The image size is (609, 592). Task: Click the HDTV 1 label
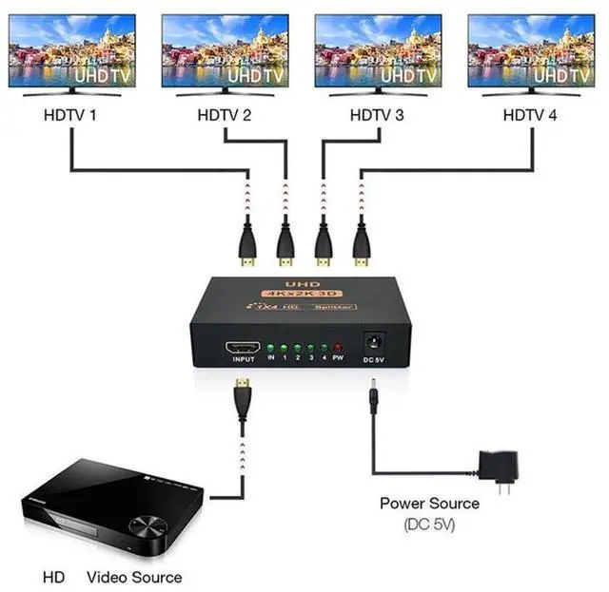[x=71, y=116]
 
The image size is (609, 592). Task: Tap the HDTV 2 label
[x=225, y=116]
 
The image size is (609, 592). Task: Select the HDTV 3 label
[x=379, y=116]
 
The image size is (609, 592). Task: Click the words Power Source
[x=430, y=504]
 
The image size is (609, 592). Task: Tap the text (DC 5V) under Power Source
[x=430, y=524]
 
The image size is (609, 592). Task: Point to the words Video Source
[x=134, y=577]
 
